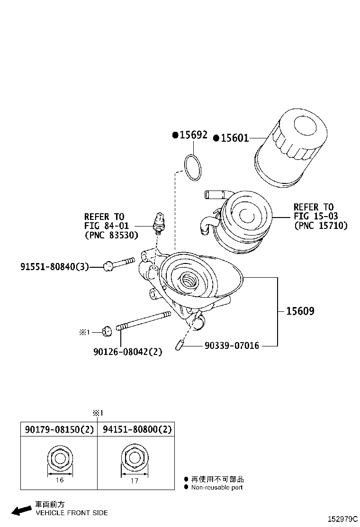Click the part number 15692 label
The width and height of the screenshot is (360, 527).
(192, 135)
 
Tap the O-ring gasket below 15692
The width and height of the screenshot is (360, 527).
(193, 167)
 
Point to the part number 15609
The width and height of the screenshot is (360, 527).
(300, 311)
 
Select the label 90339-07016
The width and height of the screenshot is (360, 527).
(232, 346)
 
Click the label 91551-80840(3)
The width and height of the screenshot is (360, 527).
(54, 267)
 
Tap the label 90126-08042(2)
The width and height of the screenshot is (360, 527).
(128, 351)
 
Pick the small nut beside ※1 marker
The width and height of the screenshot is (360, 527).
(107, 330)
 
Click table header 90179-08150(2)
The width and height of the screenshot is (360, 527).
(59, 430)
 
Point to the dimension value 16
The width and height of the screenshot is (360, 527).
(60, 480)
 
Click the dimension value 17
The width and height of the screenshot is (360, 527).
(135, 481)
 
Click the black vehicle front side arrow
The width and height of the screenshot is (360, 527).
(21, 510)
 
